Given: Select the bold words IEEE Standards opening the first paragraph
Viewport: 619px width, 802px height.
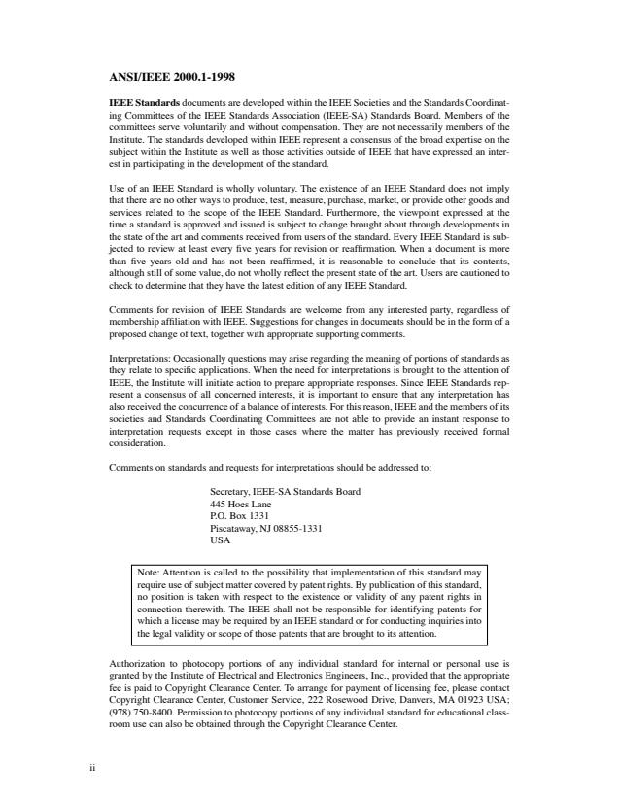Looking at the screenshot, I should pyautogui.click(x=143, y=102).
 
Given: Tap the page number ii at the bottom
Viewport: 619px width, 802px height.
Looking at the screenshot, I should pyautogui.click(x=91, y=768).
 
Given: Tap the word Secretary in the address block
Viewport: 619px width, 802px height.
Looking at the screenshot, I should pyautogui.click(x=231, y=493).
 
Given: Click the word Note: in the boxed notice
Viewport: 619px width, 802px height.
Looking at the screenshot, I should pyautogui.click(x=152, y=574).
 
